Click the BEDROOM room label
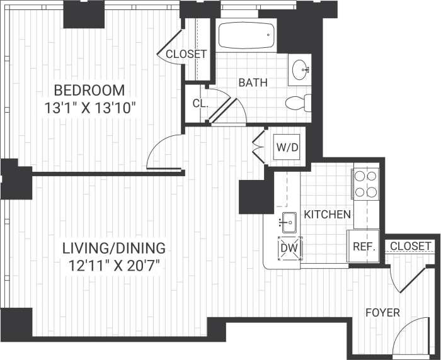pyautogui.click(x=89, y=89)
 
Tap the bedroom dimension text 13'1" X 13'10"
pyautogui.click(x=91, y=108)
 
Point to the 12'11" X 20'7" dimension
pyautogui.click(x=117, y=265)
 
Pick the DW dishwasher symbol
pyautogui.click(x=290, y=248)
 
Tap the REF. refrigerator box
pyautogui.click(x=364, y=247)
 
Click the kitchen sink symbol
pyautogui.click(x=289, y=221)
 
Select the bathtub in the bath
pyautogui.click(x=246, y=35)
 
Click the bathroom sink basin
pyautogui.click(x=301, y=68)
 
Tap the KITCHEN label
pyautogui.click(x=327, y=215)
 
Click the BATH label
pyautogui.click(x=253, y=82)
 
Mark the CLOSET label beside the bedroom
pyautogui.click(x=186, y=54)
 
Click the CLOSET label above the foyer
pyautogui.click(x=411, y=245)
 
